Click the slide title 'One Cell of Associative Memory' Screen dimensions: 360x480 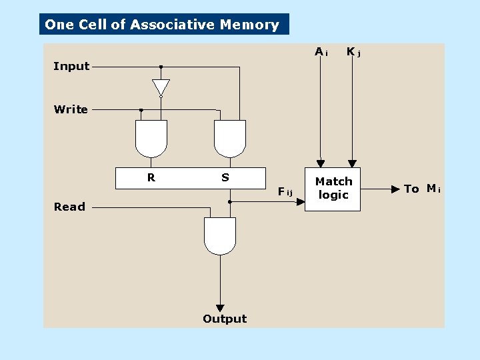(162, 25)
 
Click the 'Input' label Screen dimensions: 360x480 (71, 66)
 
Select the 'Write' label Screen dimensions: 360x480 (71, 109)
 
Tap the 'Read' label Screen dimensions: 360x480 (70, 207)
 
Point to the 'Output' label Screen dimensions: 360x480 (225, 319)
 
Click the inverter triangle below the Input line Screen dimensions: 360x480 (161, 87)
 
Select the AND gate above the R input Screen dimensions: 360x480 (151, 137)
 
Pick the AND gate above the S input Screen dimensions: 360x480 (230, 137)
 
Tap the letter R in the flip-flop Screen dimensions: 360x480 (151, 177)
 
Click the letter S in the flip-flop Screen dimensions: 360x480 (225, 177)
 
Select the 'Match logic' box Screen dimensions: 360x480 (333, 189)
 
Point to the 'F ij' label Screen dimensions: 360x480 (285, 192)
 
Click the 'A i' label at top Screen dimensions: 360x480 (321, 52)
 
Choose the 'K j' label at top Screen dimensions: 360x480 (353, 52)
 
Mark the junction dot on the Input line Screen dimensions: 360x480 (161, 67)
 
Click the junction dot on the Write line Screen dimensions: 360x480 (141, 110)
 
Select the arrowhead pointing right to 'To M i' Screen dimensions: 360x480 (395, 189)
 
